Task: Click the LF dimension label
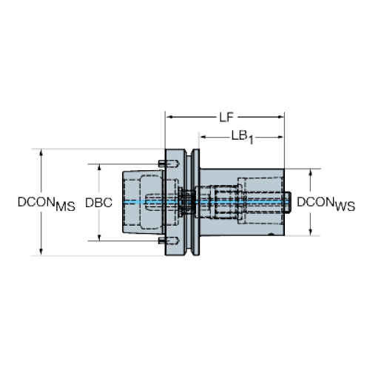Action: point(226,118)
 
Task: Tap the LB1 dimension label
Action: point(243,137)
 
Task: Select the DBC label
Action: point(98,203)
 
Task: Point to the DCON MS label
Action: point(47,203)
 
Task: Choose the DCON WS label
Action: point(326,203)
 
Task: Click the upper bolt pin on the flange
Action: point(169,163)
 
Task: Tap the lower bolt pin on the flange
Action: point(169,240)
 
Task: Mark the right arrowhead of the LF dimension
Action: point(281,117)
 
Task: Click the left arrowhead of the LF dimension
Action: point(169,117)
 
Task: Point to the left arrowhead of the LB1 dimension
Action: point(203,137)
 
